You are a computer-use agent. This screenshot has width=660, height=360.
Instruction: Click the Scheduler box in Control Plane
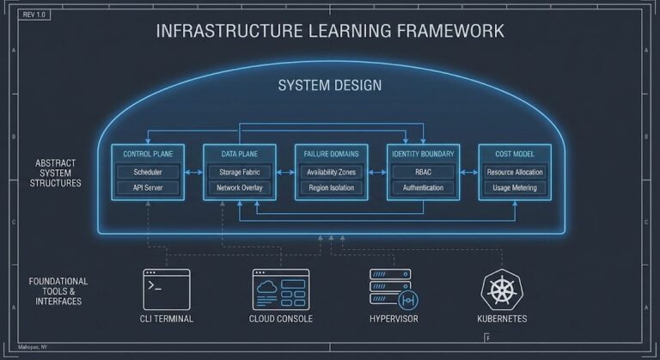point(148,172)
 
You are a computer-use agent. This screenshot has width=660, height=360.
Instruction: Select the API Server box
point(148,187)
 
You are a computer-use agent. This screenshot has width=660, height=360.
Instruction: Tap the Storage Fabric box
point(240,172)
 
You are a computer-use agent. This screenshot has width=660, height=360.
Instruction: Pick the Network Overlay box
point(240,187)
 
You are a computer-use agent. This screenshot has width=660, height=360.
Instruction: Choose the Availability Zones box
point(331,172)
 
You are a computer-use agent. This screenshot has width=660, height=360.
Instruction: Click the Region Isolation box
point(331,187)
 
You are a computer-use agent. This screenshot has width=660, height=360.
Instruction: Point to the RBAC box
point(423,172)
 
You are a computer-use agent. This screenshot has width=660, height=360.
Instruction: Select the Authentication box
point(423,187)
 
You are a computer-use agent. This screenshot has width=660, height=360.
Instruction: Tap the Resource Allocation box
point(515,172)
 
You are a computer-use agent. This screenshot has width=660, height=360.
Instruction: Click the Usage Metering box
point(515,187)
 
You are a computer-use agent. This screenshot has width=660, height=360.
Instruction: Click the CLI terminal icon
point(167,288)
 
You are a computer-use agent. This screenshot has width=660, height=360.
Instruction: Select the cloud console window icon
point(281,288)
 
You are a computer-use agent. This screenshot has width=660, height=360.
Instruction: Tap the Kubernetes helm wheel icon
point(500,290)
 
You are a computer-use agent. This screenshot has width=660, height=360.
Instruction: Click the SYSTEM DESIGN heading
point(330,86)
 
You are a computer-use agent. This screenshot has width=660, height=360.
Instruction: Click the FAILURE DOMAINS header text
point(331,154)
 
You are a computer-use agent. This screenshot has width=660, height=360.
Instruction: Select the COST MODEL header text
point(515,154)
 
